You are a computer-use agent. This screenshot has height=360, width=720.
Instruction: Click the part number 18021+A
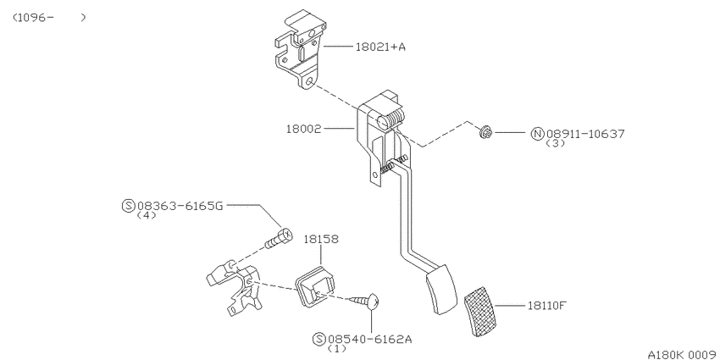(x=380, y=47)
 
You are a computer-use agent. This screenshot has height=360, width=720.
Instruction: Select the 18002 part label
(x=303, y=129)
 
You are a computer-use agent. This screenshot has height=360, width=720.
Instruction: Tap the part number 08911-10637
(x=585, y=134)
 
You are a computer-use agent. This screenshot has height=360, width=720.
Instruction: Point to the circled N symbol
(x=537, y=134)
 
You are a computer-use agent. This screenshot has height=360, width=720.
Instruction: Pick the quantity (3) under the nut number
(x=555, y=143)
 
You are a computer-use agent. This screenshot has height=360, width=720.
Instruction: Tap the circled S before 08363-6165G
(x=128, y=206)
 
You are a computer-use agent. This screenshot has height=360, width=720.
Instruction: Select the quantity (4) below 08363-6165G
(x=147, y=215)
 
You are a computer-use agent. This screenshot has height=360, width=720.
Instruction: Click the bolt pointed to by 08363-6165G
(x=279, y=238)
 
